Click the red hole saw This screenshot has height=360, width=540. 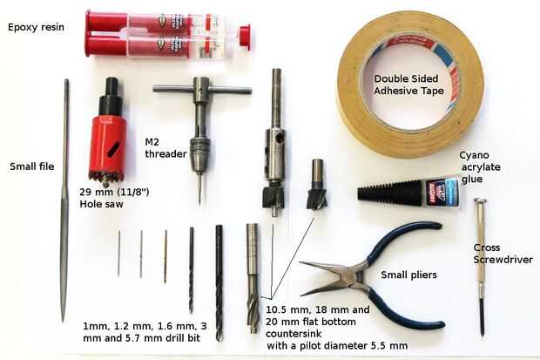coord(107,138)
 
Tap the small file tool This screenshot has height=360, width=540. coord(64,200)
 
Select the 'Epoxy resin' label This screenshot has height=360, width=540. coord(36,27)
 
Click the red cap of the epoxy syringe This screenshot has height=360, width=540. coord(245,37)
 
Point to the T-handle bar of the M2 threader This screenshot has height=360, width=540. coord(202,91)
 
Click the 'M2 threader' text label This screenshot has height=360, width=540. coord(165,148)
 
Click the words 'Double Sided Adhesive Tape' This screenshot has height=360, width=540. coord(408,85)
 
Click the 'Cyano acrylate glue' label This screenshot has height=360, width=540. coord(480,167)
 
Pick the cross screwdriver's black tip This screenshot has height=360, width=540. coord(482,316)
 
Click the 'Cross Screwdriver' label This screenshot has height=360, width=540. coord(503,254)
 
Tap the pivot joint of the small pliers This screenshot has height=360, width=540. coord(357,275)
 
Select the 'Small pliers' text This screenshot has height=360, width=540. coord(408,275)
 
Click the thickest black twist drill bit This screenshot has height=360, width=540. coord(219,282)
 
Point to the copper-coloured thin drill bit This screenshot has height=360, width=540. coord(165,256)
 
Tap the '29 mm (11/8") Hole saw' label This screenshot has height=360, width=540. coord(114,198)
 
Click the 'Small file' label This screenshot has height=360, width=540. coord(32,166)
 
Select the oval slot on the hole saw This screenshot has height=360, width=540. coord(113,149)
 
